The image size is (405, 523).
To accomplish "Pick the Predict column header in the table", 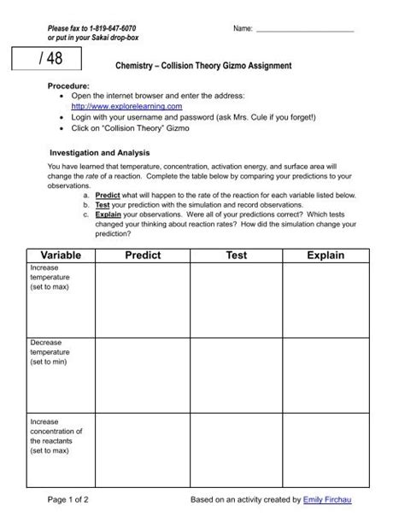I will click(x=141, y=255).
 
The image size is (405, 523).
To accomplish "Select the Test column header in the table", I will click(x=236, y=255).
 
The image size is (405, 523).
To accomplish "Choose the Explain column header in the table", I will click(x=322, y=255).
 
